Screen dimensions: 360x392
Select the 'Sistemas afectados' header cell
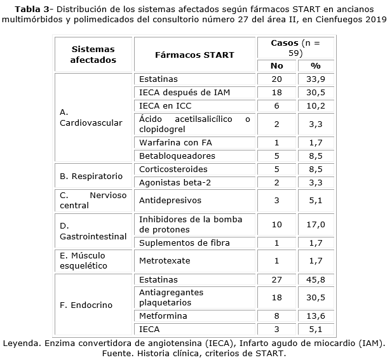(x=93, y=55)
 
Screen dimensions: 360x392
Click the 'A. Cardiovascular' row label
(x=91, y=117)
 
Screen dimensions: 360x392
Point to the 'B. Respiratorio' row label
(x=91, y=176)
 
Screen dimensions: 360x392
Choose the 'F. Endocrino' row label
(x=86, y=305)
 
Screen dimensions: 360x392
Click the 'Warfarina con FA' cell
(x=168, y=143)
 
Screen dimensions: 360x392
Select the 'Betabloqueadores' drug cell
(x=168, y=156)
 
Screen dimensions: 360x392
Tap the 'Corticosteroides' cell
(x=165, y=170)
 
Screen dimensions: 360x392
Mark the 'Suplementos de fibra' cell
(x=175, y=243)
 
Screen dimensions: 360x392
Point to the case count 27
(x=276, y=279)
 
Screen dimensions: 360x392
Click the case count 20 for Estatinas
(x=276, y=79)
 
